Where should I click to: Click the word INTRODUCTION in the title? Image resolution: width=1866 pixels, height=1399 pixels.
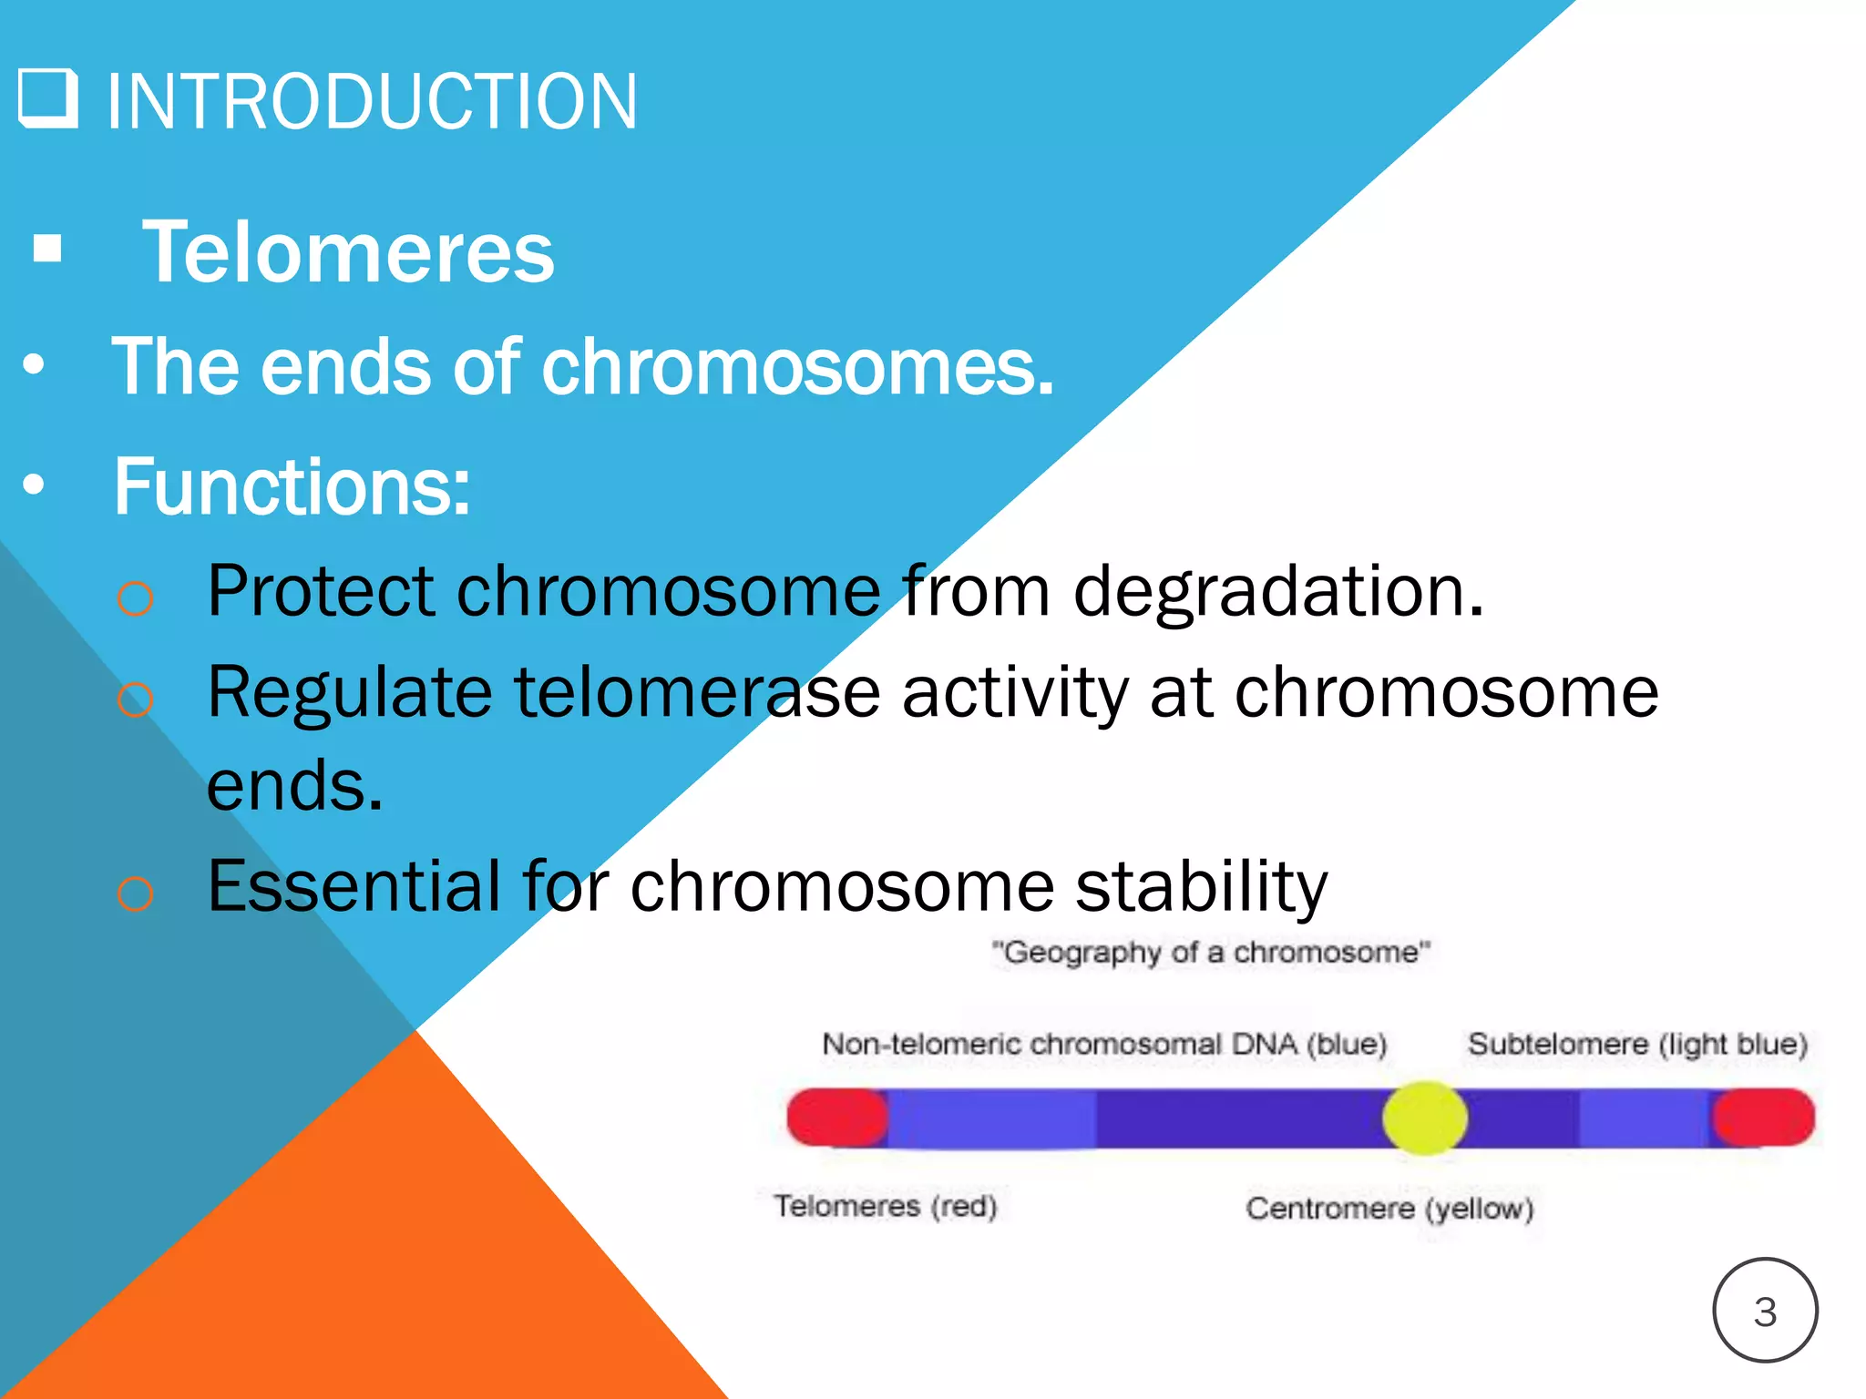(x=372, y=101)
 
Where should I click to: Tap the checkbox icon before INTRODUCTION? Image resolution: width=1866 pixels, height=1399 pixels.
(x=47, y=97)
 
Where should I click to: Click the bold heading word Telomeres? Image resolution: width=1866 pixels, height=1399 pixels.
(x=348, y=252)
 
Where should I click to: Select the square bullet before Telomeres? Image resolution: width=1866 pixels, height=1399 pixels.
(x=47, y=249)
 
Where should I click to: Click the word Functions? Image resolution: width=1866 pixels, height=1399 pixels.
(x=292, y=487)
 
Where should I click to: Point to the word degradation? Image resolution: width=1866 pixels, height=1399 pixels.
(x=1278, y=592)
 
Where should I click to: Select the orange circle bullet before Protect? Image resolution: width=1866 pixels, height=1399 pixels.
(x=135, y=598)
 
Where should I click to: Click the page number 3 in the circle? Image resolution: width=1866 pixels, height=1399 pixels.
(x=1765, y=1312)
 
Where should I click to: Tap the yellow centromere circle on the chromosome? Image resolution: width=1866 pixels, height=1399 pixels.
(x=1424, y=1118)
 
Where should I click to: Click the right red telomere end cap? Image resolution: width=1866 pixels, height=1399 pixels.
(x=1764, y=1118)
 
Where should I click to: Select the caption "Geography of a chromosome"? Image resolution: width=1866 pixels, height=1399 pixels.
(x=1211, y=953)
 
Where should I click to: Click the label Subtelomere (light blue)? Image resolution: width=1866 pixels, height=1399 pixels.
(x=1637, y=1044)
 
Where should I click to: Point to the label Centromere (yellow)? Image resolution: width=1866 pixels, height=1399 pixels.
(x=1389, y=1209)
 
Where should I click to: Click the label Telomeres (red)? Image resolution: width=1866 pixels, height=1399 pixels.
(x=886, y=1206)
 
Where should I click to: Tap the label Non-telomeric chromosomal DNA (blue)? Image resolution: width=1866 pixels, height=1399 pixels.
(x=1104, y=1044)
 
